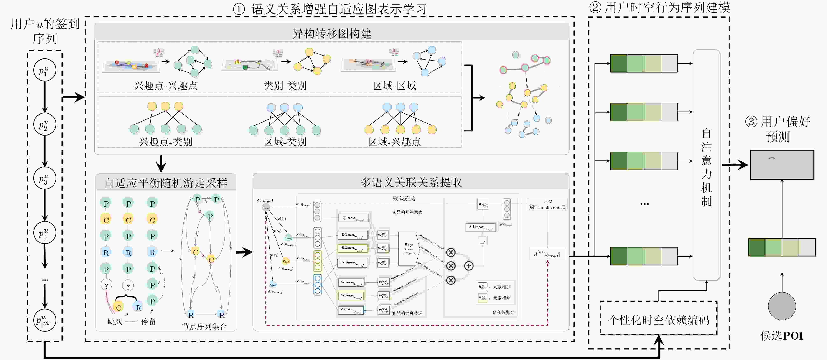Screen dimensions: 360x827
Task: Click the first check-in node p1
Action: tap(45, 70)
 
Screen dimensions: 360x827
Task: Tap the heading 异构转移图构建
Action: tap(331, 33)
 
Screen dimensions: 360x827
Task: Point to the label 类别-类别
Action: tap(285, 86)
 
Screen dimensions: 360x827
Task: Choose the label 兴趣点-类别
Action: tap(165, 142)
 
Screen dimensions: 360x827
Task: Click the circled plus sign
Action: tap(469, 266)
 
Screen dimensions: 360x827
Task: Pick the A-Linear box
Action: tap(480, 227)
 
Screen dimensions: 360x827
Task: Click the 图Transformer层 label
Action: tap(547, 207)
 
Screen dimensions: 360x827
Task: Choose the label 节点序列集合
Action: tap(204, 326)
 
